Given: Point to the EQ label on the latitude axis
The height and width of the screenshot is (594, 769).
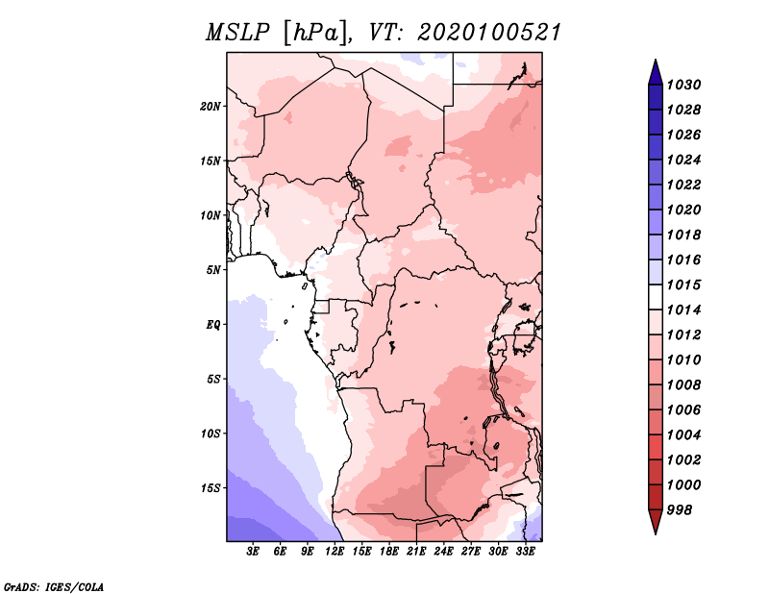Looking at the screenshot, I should pos(213,324).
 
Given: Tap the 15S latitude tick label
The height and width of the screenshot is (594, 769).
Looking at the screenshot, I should pos(211,487).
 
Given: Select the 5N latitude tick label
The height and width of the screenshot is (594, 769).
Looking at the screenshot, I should pos(213,269).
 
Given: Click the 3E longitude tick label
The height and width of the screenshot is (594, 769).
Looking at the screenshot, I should pos(254,552).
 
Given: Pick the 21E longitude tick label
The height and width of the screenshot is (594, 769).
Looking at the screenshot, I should pos(415,552).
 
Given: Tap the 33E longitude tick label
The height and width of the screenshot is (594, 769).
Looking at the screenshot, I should pos(523,552).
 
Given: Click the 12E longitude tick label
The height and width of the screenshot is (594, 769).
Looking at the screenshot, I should pos(335,552).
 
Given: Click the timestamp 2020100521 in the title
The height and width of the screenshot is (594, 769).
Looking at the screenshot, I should pos(488,33).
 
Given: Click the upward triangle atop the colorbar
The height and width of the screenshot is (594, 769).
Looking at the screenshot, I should pos(655,71).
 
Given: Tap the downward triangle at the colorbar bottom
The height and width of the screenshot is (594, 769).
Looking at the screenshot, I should pos(655,521).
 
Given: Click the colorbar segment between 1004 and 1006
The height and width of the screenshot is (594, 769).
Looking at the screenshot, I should pos(655,422).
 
